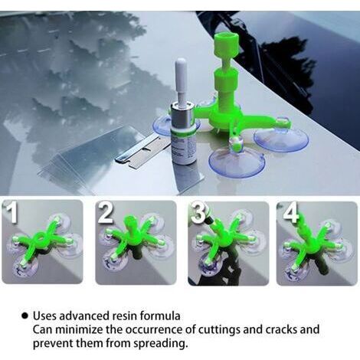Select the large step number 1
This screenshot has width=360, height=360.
point(11,212)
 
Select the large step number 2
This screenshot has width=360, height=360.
point(106,212)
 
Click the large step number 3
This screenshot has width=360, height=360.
point(199,212)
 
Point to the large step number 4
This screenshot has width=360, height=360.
point(291,212)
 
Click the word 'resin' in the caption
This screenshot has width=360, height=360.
point(126,316)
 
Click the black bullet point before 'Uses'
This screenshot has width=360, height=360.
point(25,316)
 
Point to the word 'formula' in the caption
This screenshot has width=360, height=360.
point(161,316)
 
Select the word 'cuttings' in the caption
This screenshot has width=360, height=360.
point(219,330)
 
